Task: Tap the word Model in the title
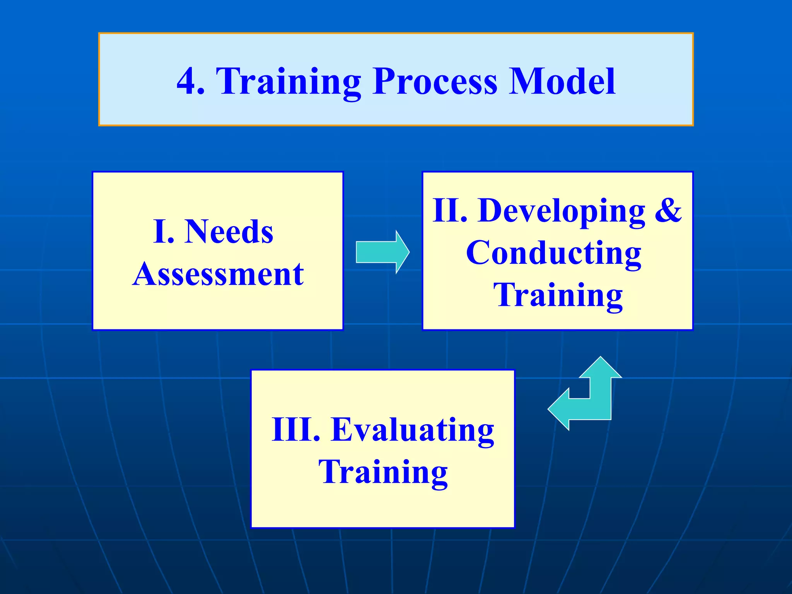(x=562, y=81)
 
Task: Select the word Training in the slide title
(x=288, y=82)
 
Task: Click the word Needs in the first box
(x=229, y=232)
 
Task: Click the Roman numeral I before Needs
(x=160, y=232)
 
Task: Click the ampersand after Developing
(x=668, y=210)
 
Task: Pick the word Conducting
(x=554, y=253)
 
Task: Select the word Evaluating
(x=413, y=430)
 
